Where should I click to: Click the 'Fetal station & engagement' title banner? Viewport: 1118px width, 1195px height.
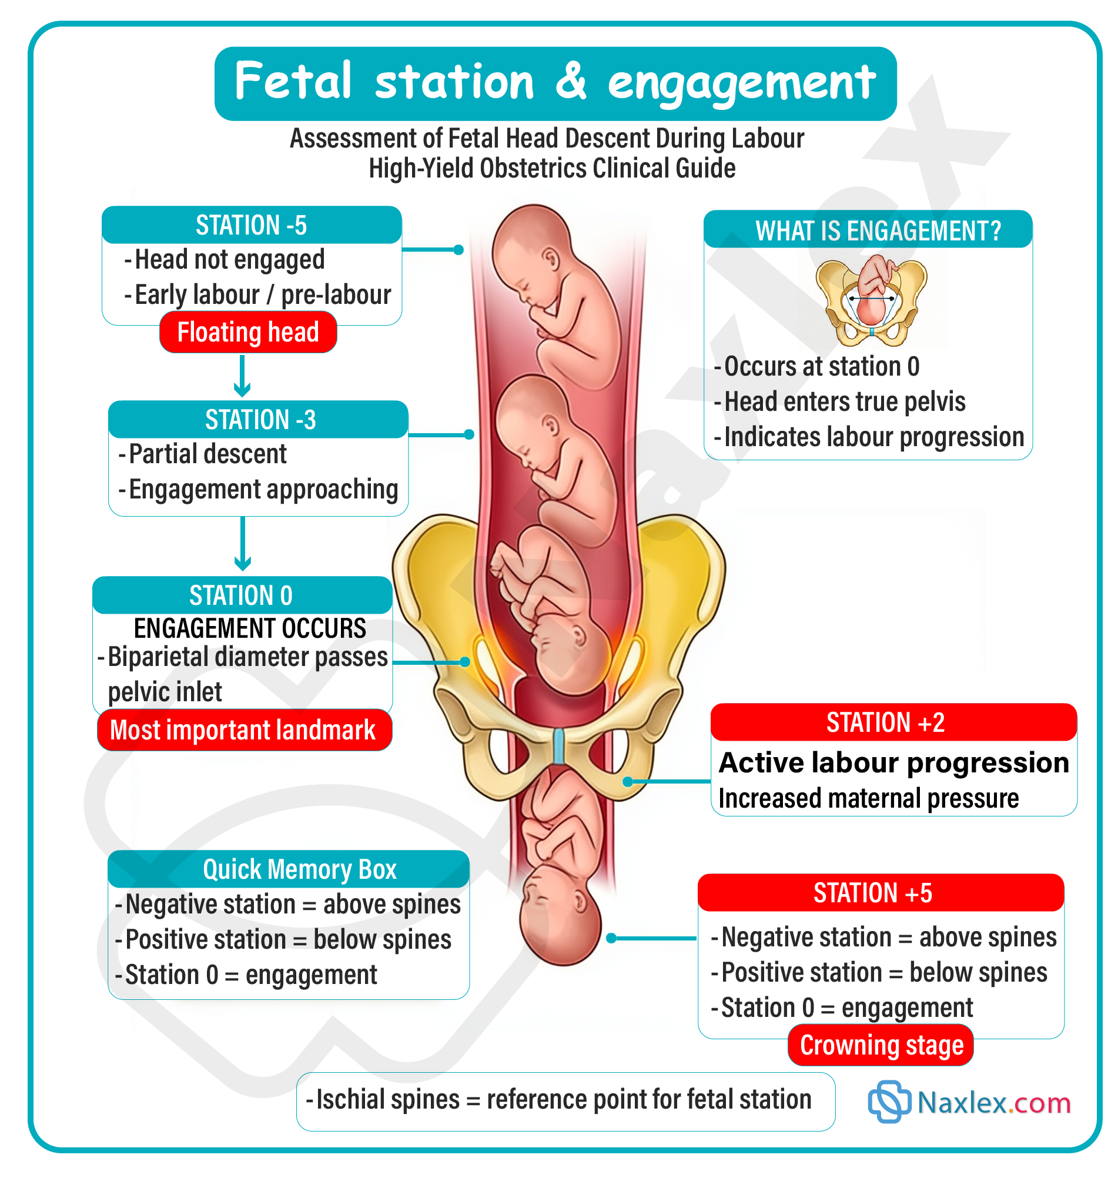(555, 83)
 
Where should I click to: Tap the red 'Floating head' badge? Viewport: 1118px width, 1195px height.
(247, 332)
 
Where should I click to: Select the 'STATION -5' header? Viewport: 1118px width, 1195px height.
(251, 225)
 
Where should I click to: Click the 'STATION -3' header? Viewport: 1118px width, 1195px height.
(259, 419)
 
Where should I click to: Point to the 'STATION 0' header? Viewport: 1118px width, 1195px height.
(242, 595)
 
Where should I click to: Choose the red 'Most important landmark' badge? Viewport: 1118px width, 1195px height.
(244, 729)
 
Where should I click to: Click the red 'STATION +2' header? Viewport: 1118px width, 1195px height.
(893, 722)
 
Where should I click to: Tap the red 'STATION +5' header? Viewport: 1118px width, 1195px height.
(880, 893)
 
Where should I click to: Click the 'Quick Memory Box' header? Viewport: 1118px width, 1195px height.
(288, 869)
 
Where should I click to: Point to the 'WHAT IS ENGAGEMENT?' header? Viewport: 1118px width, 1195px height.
(868, 230)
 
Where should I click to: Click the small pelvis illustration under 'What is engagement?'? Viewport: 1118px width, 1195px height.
(871, 300)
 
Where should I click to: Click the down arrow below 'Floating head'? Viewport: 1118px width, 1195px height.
(242, 376)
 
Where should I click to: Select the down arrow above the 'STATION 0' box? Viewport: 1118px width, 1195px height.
(242, 543)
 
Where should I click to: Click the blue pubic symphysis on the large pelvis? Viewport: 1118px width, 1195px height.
(558, 746)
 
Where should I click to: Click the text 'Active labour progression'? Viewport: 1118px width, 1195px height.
(894, 762)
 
